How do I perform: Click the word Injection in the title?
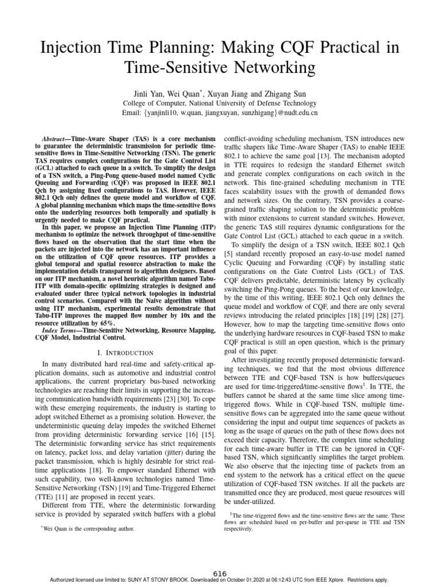click(x=74, y=48)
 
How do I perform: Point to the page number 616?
click(x=220, y=573)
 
